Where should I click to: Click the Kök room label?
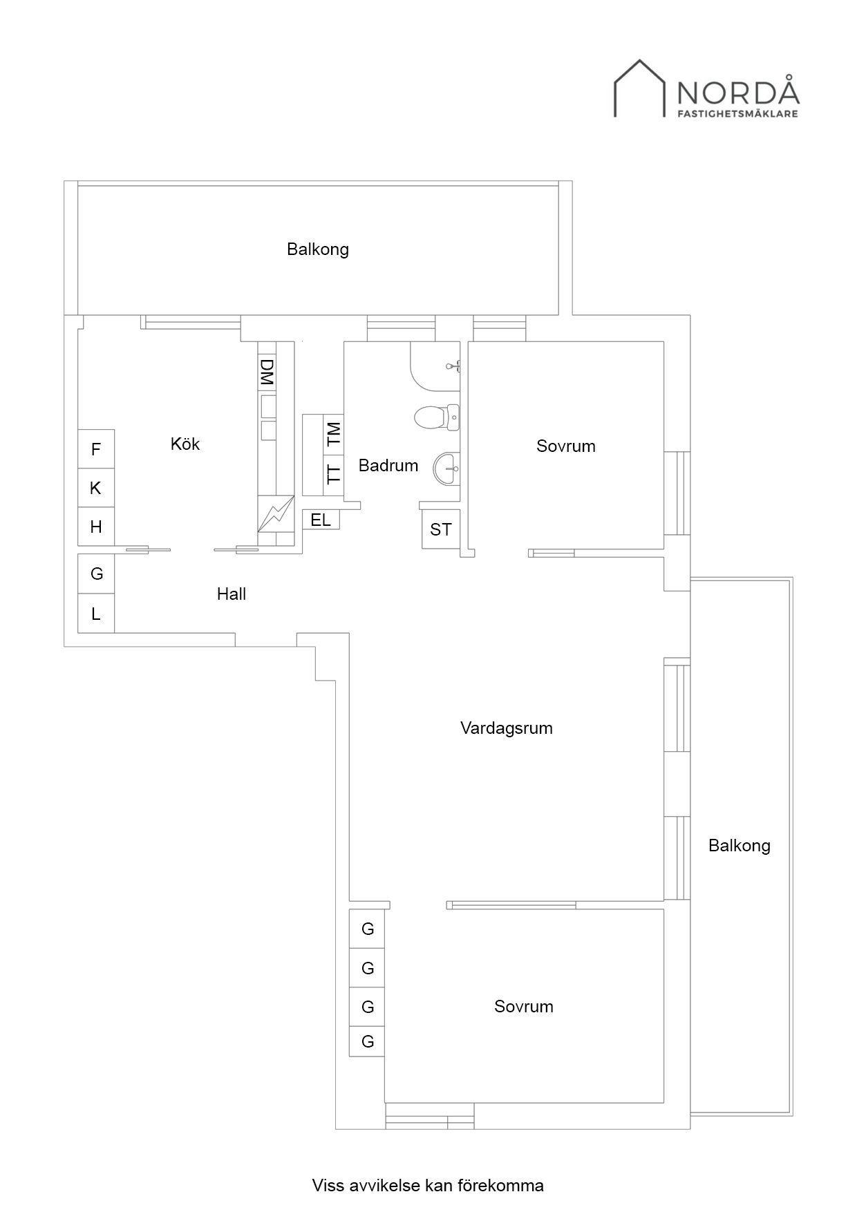pos(185,444)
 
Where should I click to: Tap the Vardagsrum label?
pos(507,728)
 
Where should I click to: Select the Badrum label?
pos(388,466)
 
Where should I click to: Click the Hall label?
pos(232,594)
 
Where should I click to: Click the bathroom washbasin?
pos(446,468)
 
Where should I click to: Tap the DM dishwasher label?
pos(267,372)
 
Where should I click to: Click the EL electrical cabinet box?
pos(321,520)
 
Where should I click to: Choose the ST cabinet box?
pos(441,529)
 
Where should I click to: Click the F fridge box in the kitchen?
pos(96,449)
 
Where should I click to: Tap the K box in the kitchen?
pos(96,488)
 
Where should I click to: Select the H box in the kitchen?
pos(96,527)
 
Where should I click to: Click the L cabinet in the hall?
pos(96,613)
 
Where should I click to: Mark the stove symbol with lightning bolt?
pos(276,514)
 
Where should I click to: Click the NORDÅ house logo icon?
pos(640,88)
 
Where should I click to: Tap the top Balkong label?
pos(318,249)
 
